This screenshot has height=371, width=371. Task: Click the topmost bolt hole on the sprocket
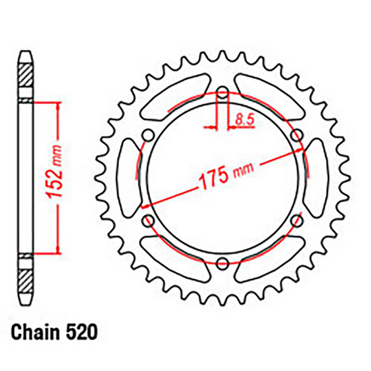click(x=223, y=93)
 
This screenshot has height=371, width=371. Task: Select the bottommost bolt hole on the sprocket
click(x=223, y=260)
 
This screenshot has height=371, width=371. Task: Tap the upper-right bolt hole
click(x=298, y=134)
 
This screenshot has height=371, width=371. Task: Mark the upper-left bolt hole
click(x=149, y=134)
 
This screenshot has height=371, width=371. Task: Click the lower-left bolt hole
click(x=148, y=219)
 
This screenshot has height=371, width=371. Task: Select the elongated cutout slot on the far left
click(x=127, y=177)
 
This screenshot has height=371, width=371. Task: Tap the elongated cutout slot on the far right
click(x=320, y=177)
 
